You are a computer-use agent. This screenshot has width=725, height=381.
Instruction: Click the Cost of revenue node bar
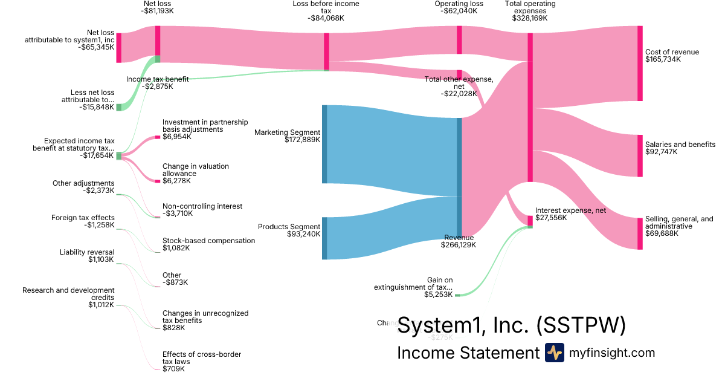point(640,63)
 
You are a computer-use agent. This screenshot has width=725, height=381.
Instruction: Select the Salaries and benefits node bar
point(640,155)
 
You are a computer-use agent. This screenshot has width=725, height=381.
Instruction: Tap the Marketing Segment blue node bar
point(324,144)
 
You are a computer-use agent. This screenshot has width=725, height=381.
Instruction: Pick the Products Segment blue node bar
point(324,238)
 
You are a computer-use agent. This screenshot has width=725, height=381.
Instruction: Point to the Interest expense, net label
point(570,210)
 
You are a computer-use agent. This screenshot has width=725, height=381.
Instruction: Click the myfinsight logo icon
point(554,353)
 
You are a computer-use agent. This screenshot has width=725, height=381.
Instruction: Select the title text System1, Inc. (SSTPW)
point(511,326)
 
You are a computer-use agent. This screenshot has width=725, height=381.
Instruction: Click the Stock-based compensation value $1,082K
point(176,248)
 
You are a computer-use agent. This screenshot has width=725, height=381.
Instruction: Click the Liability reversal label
point(87,252)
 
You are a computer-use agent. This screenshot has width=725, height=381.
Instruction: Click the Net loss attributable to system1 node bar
point(119,48)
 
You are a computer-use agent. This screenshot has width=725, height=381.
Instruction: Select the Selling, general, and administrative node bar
point(640,233)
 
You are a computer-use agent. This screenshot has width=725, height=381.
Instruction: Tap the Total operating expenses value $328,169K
point(529,18)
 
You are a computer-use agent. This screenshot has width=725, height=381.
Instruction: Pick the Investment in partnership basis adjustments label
point(205,126)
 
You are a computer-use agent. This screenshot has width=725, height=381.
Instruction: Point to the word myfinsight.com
point(612,353)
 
